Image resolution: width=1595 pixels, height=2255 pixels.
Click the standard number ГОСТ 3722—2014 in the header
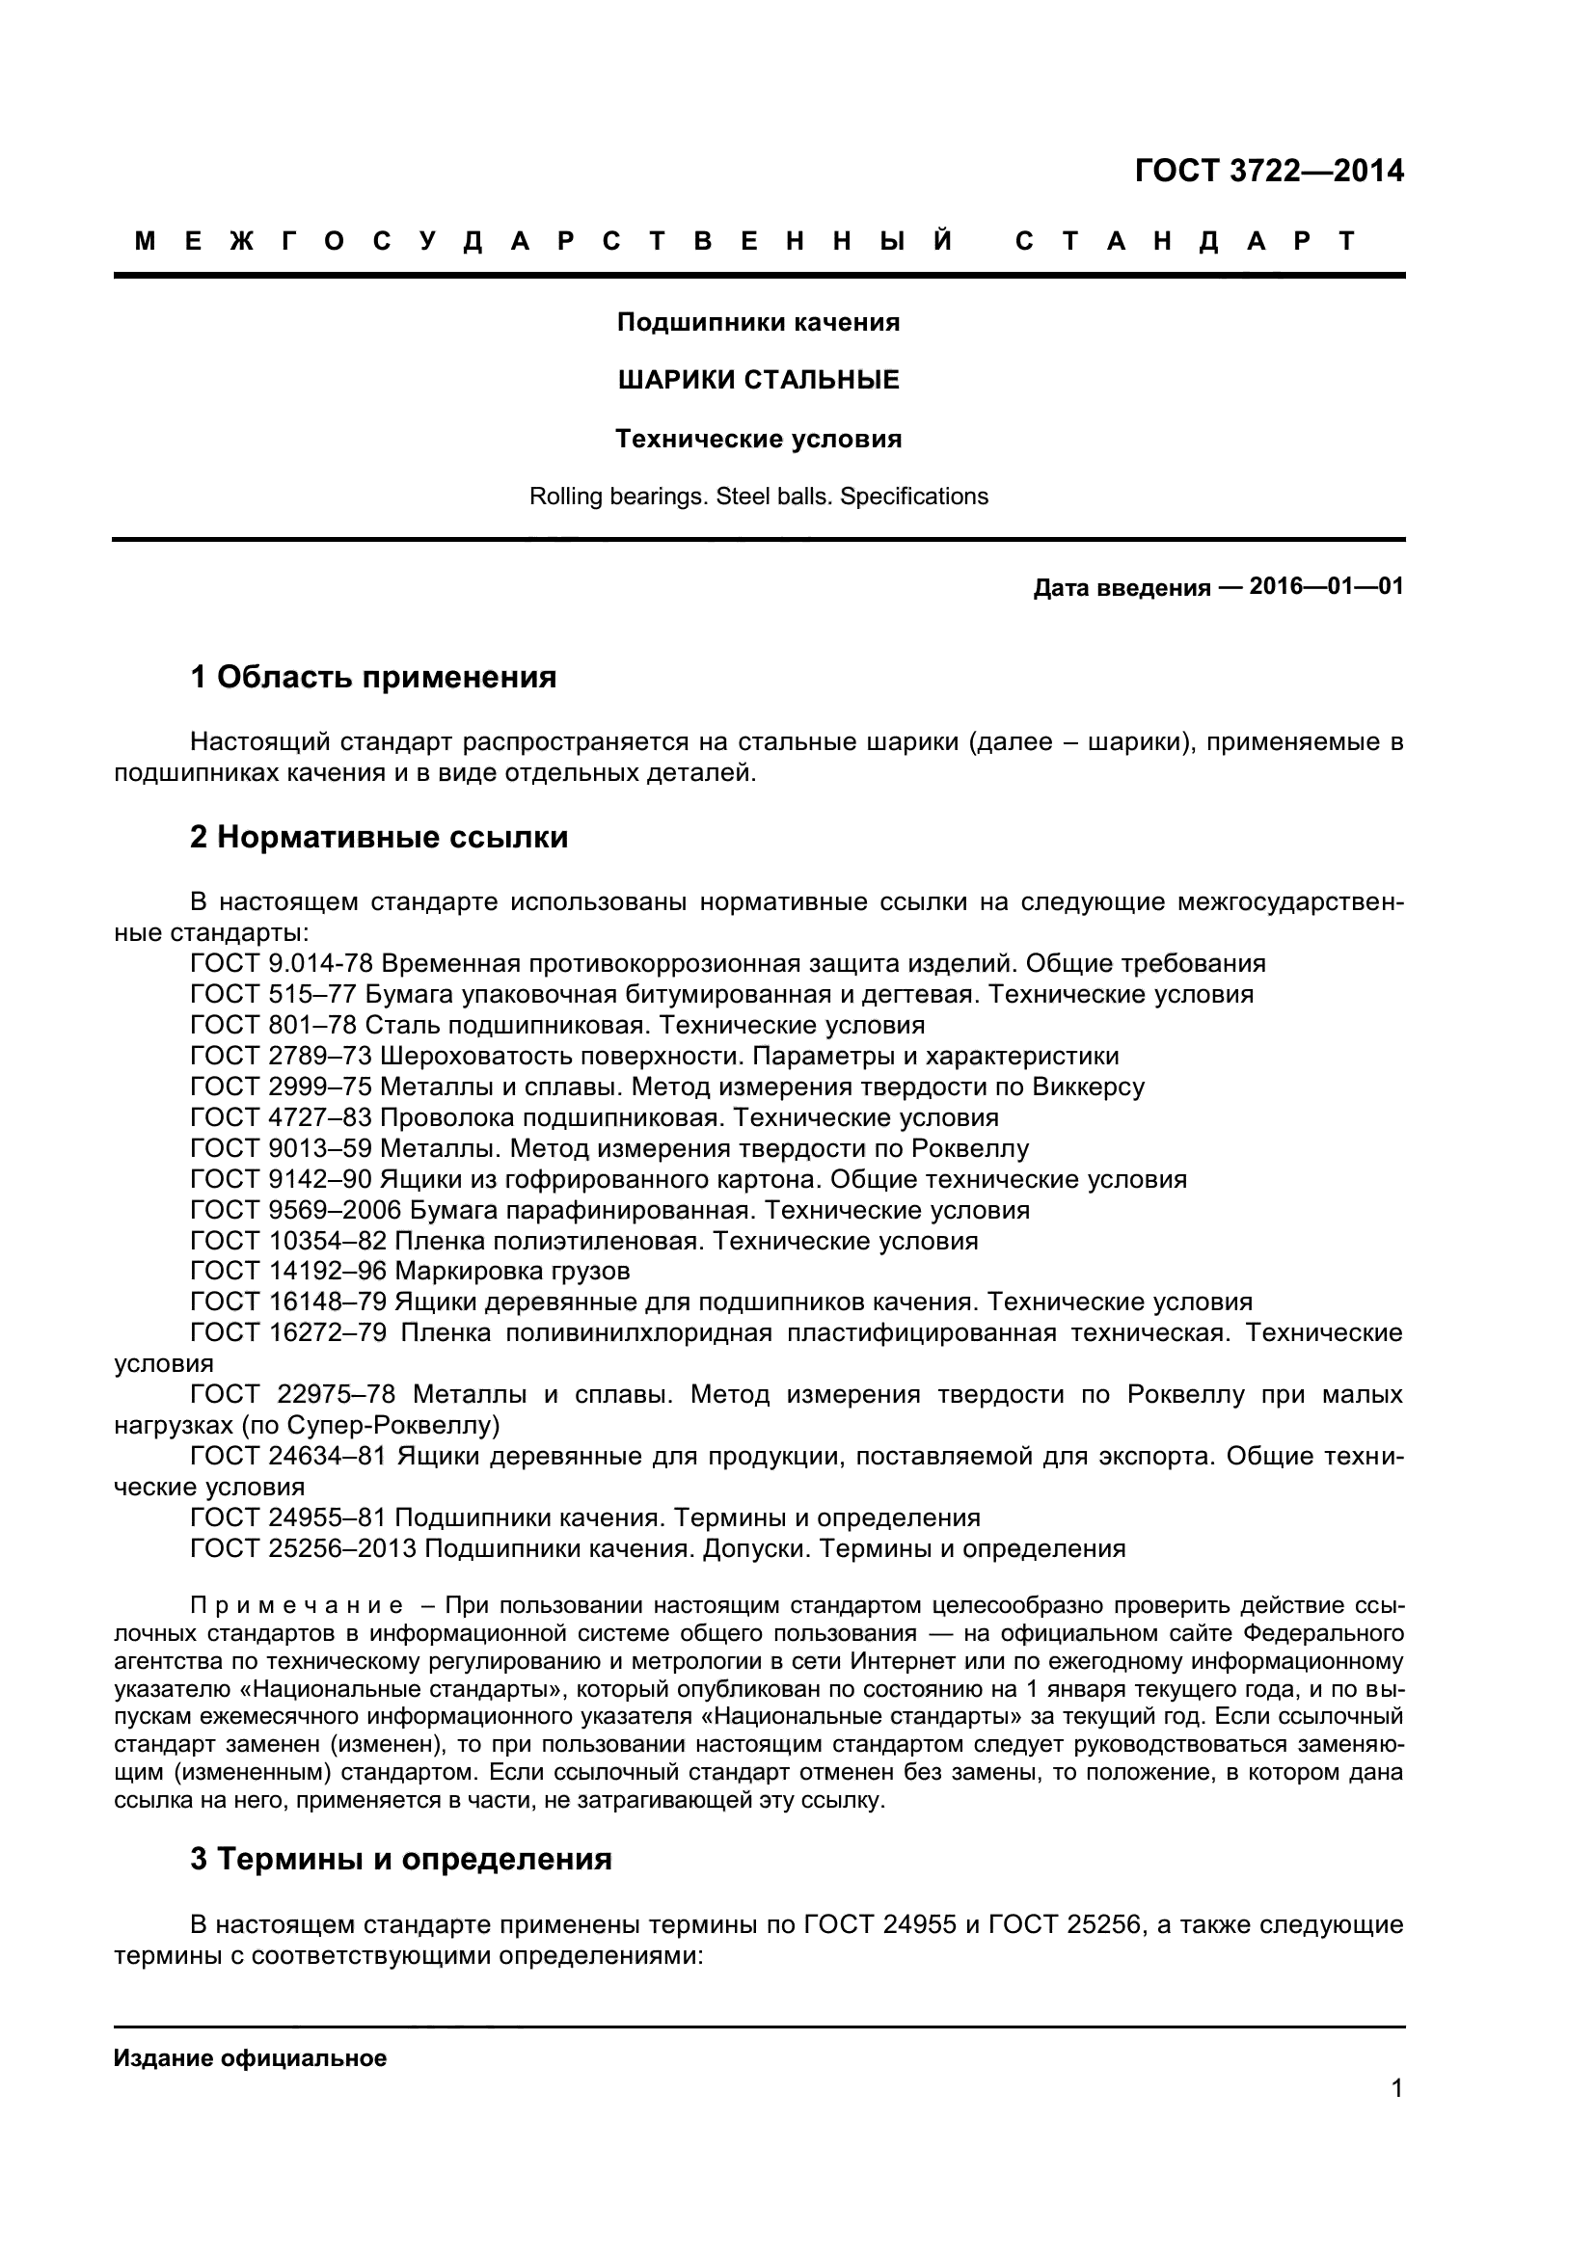click(x=1269, y=171)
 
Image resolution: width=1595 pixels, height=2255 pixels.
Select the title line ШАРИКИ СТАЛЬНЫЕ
click(x=758, y=380)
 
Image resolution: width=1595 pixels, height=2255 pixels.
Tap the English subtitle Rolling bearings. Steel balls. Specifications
click(x=758, y=497)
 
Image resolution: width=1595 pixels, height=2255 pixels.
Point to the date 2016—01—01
click(x=1326, y=587)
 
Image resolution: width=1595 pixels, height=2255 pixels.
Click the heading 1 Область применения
click(x=373, y=678)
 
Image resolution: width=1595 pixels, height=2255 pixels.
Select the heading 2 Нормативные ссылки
click(x=379, y=838)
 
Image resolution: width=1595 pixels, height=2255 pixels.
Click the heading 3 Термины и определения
click(x=401, y=1859)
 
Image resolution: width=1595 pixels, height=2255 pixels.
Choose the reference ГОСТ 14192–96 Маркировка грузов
click(x=411, y=1272)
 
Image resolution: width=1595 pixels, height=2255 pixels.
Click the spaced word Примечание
click(x=297, y=1606)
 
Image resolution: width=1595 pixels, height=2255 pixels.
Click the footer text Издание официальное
click(x=251, y=2058)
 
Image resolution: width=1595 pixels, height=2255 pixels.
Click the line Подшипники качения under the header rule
click(x=758, y=322)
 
